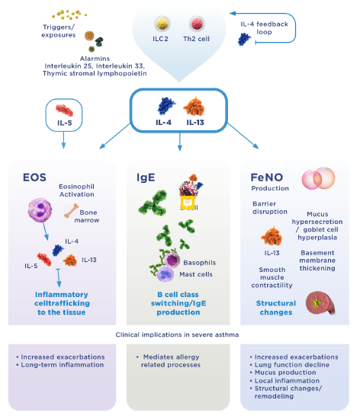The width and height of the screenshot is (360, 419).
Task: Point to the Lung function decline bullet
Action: click(289, 363)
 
